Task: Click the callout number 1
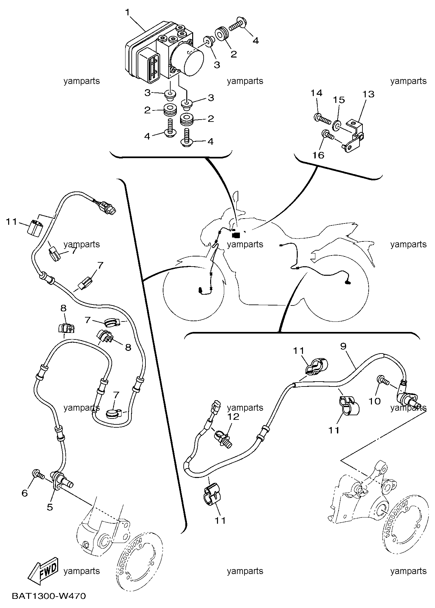point(127,12)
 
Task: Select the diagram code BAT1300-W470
point(49,596)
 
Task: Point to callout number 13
point(368,94)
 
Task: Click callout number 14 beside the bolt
point(316,93)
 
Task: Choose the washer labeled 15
point(336,124)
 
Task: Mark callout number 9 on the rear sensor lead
point(343,346)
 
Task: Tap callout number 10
point(375,401)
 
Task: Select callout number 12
point(234,417)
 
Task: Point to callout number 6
point(25,493)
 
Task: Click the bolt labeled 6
point(37,474)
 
